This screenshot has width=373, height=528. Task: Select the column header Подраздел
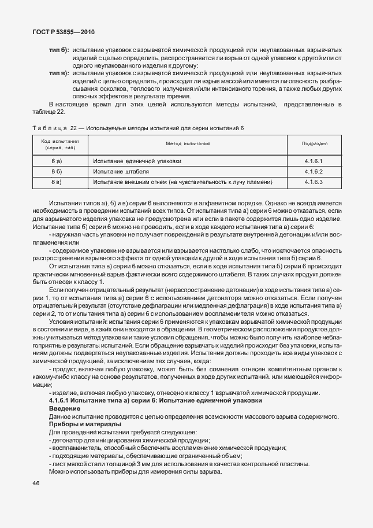315,143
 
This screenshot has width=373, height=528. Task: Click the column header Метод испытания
188,143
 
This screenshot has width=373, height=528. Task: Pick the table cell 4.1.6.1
315,161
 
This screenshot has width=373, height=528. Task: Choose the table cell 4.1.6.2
315,172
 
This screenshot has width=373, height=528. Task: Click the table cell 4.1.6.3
315,182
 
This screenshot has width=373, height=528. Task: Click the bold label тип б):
59,50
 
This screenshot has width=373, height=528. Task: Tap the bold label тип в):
59,74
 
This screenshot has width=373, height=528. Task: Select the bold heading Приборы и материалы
85,424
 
